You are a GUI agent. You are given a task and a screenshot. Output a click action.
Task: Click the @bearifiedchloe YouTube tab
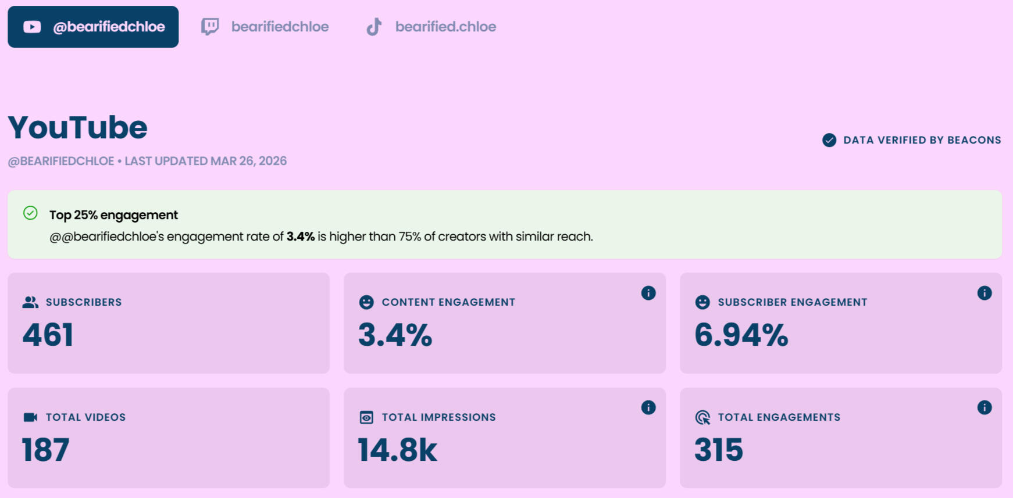click(x=93, y=27)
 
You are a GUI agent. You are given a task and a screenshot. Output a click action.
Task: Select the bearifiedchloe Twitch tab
click(x=265, y=27)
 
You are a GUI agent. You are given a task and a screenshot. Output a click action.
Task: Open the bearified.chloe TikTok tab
click(x=431, y=27)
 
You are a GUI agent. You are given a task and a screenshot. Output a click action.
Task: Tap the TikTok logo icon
click(x=374, y=27)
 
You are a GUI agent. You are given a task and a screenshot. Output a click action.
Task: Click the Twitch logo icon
click(x=210, y=27)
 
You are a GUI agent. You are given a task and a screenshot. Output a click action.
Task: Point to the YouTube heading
click(x=78, y=128)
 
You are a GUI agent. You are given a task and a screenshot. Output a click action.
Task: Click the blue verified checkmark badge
click(x=829, y=140)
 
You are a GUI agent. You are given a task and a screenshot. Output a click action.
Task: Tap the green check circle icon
click(x=30, y=213)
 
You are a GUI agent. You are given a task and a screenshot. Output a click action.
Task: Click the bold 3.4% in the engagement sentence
click(x=300, y=237)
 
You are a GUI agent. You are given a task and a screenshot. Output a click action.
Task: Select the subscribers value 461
click(x=48, y=335)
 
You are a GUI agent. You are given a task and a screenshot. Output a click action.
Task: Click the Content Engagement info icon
click(x=648, y=293)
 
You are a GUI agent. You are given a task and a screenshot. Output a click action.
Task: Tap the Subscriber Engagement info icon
click(x=985, y=293)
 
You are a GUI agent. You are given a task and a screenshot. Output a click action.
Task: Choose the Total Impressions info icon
click(x=648, y=407)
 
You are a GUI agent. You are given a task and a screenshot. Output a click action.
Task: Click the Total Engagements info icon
click(x=985, y=407)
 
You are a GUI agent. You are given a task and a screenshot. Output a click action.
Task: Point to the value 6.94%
click(x=741, y=335)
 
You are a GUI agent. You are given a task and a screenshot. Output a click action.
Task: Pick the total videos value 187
click(x=46, y=450)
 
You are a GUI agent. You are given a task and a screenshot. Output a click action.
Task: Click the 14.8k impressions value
click(x=398, y=450)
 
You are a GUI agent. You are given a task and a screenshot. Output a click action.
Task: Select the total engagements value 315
click(x=719, y=450)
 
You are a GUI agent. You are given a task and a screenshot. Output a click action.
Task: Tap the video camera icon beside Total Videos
click(x=30, y=417)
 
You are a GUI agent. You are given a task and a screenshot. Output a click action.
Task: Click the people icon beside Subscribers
click(x=30, y=302)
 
